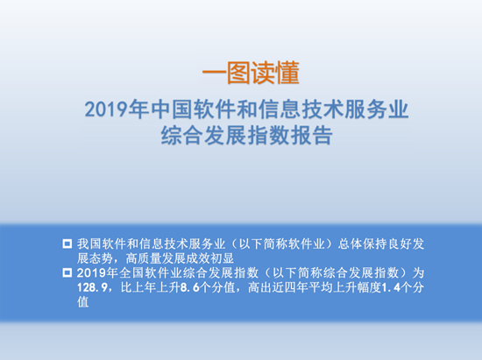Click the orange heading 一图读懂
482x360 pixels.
[x=251, y=73]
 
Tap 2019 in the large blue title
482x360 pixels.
[x=106, y=109]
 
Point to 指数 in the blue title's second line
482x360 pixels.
[x=269, y=135]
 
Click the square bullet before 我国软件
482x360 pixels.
[x=67, y=244]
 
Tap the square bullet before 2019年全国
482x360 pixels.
[x=67, y=272]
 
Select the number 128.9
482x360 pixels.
[x=92, y=288]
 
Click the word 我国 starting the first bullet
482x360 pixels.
[x=89, y=244]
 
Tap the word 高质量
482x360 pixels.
[x=143, y=258]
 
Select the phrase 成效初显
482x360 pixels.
[x=210, y=258]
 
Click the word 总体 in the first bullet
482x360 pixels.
[x=351, y=244]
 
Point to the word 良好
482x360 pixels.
[x=400, y=244]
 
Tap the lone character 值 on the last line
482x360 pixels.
[x=83, y=302]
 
